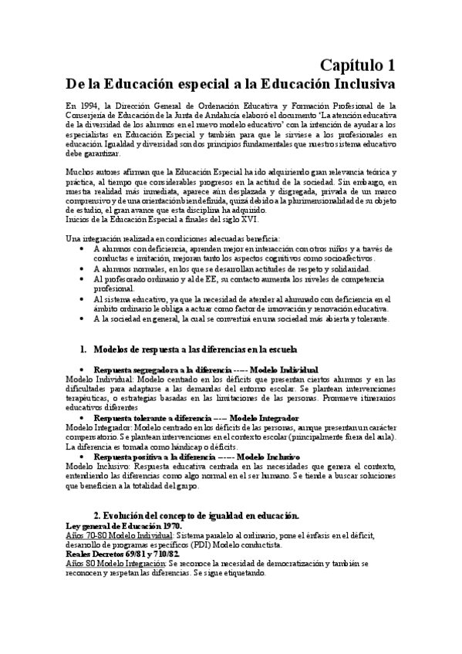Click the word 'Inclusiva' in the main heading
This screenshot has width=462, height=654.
pos(355,83)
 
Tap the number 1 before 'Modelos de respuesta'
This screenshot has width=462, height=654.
pos(83,349)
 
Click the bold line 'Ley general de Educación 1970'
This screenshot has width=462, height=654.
pos(124,525)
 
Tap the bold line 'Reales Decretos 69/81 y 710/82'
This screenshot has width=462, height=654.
pos(123,555)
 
